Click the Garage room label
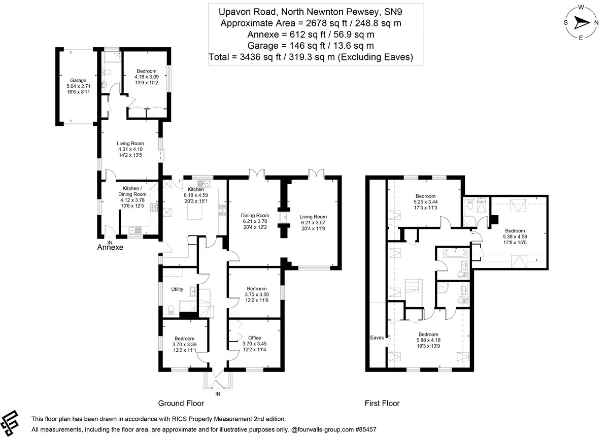[78, 80]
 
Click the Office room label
[254, 338]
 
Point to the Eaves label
[376, 337]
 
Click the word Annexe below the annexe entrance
[110, 248]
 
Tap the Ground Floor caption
[181, 404]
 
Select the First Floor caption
[382, 404]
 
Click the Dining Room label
[255, 215]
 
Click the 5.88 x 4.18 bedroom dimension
[428, 340]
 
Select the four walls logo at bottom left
[14, 419]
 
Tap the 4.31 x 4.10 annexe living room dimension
[130, 149]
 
